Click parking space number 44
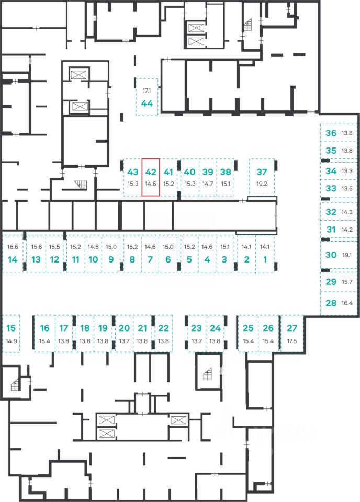coord(147,104)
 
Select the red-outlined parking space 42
coord(151,177)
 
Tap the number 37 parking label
coord(262,172)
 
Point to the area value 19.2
coord(262,184)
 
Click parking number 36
coord(331,133)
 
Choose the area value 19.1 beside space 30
coord(347,255)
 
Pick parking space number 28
coord(331,303)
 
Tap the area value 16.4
coord(347,303)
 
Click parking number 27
coord(292,328)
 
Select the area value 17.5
coord(292,341)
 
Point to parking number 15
coord(11,328)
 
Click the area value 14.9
coord(11,341)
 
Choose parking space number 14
coord(13,259)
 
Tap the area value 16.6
coord(13,247)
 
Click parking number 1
coord(265,259)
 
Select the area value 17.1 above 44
coord(147,90)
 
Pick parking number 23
coord(196,328)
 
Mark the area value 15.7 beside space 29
coord(347,282)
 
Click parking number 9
coord(111,259)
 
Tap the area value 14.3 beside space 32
coord(347,212)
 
